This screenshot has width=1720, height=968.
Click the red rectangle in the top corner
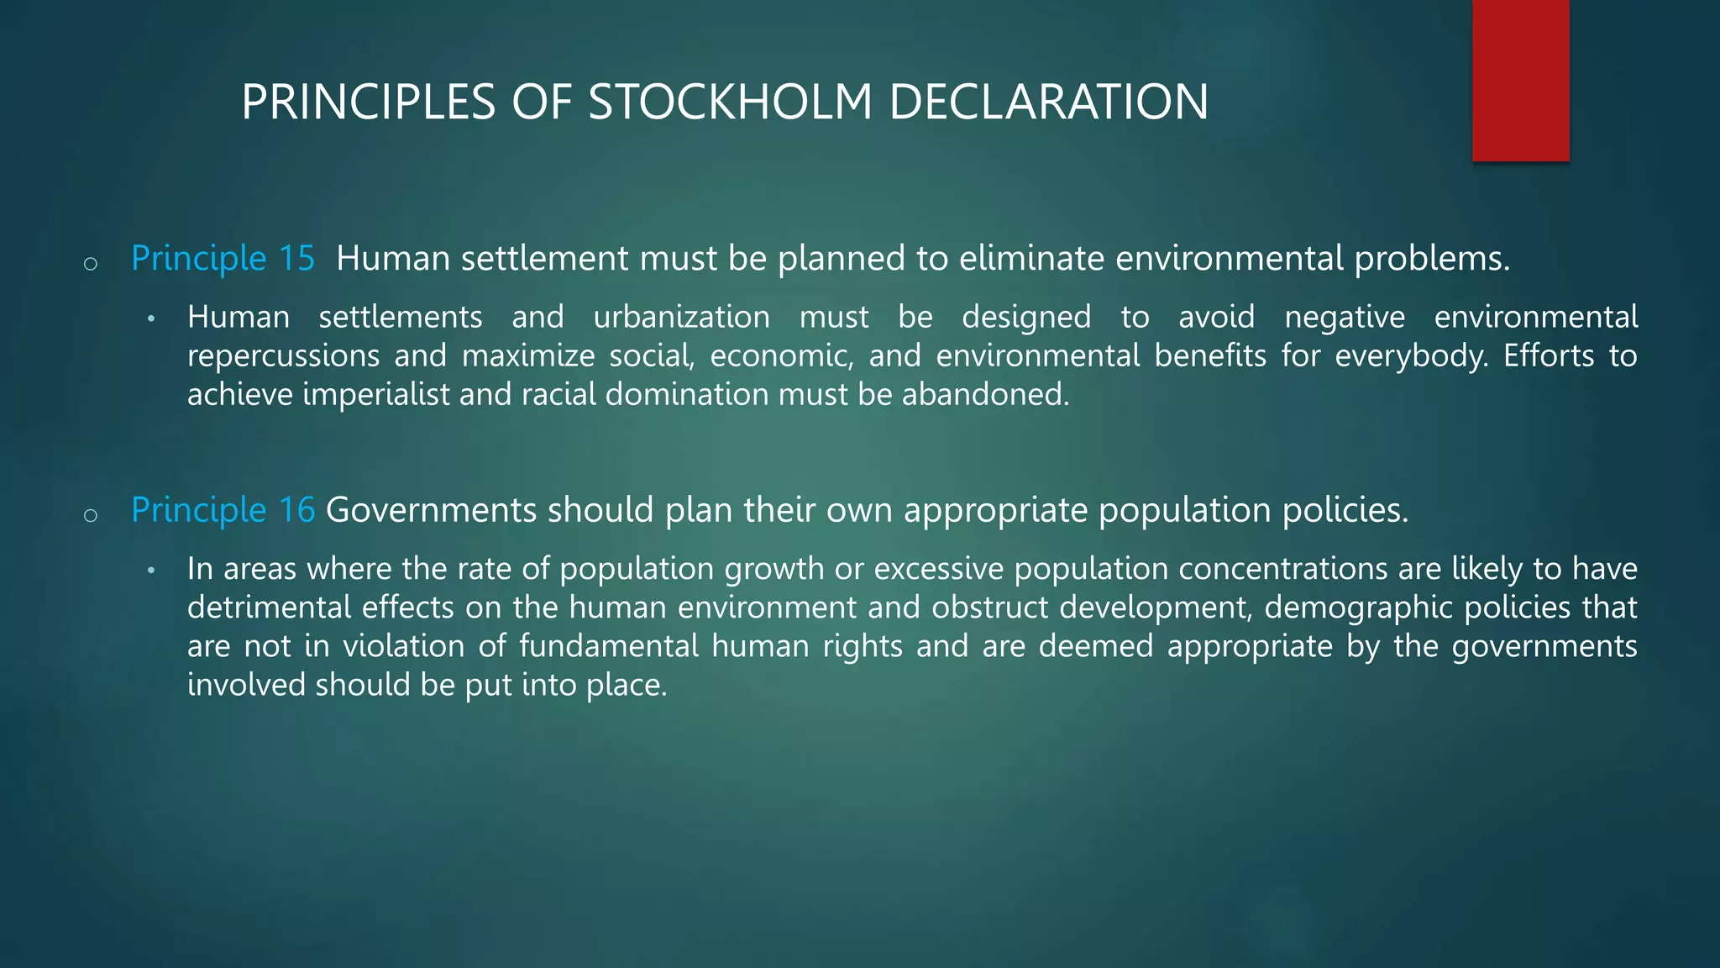click(1520, 81)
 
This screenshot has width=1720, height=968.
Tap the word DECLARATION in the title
click(1048, 103)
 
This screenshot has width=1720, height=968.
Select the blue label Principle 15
click(223, 259)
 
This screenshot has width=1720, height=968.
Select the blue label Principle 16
click(223, 511)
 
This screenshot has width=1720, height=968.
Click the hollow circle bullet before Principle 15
click(91, 264)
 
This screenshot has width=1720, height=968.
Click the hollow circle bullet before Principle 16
click(91, 516)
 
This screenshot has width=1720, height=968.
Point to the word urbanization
click(681, 318)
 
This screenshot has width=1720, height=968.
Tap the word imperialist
click(376, 395)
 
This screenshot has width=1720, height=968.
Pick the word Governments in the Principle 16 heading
click(431, 511)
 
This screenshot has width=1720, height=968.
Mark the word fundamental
click(608, 647)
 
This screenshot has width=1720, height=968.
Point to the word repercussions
click(284, 356)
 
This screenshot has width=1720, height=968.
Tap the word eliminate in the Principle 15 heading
click(1031, 259)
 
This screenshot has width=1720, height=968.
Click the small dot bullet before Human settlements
click(151, 319)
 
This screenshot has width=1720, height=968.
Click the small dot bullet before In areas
click(151, 571)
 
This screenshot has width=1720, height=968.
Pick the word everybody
click(1411, 356)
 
